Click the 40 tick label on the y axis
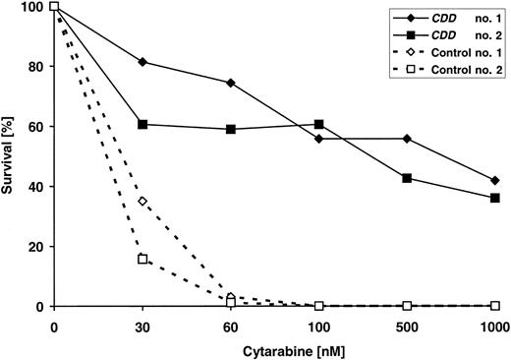[29, 188]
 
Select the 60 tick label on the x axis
[230, 325]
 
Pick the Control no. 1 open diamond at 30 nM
[143, 202]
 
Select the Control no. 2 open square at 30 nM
[143, 259]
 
